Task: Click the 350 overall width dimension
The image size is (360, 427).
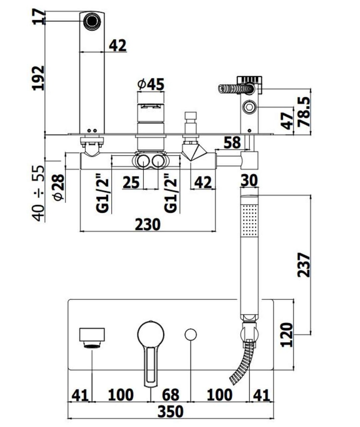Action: (171, 412)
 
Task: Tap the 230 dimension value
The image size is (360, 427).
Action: (147, 224)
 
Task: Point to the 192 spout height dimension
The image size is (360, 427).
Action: (39, 78)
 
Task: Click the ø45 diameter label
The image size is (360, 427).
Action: (150, 85)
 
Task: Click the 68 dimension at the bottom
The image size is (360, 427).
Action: (170, 394)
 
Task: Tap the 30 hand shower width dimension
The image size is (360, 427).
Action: (250, 181)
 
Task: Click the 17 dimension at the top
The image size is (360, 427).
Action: (39, 17)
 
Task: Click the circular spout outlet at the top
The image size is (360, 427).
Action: (91, 20)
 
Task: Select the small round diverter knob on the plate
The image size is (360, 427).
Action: (190, 335)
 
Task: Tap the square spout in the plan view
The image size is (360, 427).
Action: (92, 335)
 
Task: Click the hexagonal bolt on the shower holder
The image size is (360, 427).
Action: (250, 108)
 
